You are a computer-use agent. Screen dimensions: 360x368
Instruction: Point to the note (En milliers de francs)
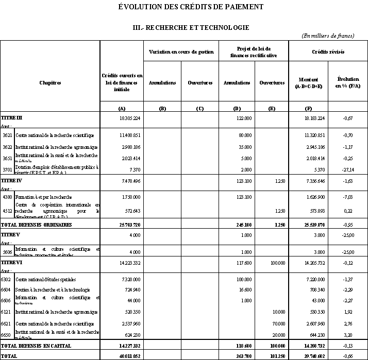[328, 36]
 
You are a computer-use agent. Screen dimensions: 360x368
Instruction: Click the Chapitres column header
[50, 82]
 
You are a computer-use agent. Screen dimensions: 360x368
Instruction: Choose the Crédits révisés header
[328, 53]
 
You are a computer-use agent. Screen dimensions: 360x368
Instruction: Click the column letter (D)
[237, 108]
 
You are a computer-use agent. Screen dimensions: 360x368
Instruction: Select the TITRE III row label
[12, 118]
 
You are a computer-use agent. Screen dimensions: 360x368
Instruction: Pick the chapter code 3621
[7, 135]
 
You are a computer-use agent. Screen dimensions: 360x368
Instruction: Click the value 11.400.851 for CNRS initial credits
[127, 135]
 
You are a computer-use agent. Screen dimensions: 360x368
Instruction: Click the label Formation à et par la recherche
[43, 197]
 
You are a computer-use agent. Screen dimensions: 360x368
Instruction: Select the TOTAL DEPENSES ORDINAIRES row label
[36, 225]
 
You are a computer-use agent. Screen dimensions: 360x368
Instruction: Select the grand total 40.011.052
[126, 356]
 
